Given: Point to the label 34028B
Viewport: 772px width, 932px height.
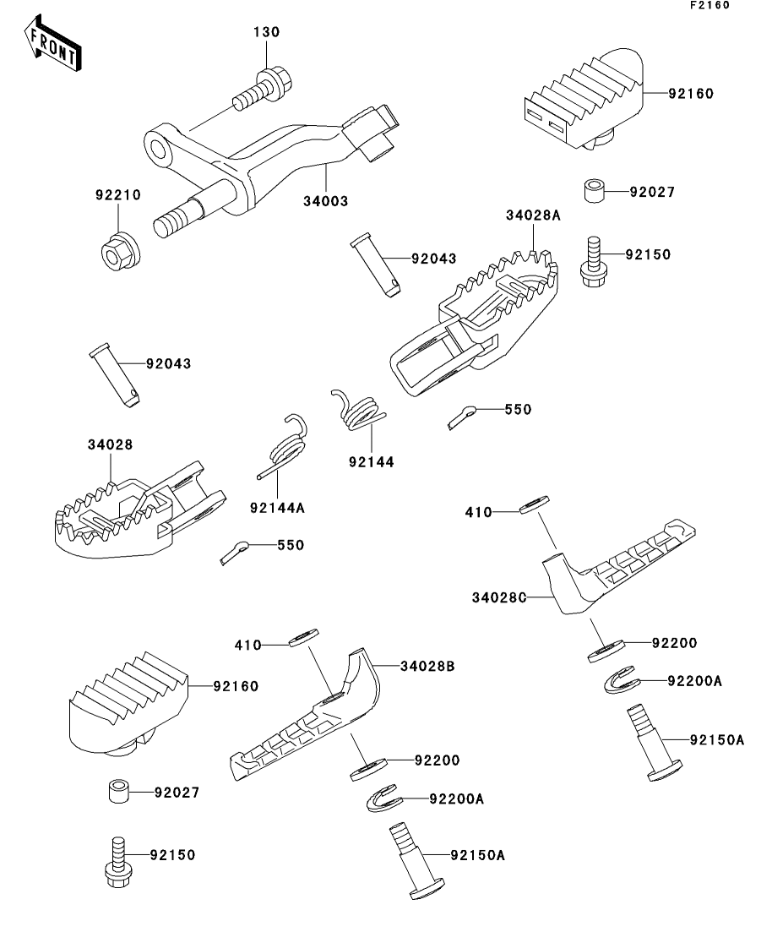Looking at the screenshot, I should coord(427,667).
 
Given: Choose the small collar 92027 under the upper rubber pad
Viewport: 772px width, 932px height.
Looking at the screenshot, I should coord(594,191).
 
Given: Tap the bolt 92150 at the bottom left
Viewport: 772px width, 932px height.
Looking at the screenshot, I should coord(117,860).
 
